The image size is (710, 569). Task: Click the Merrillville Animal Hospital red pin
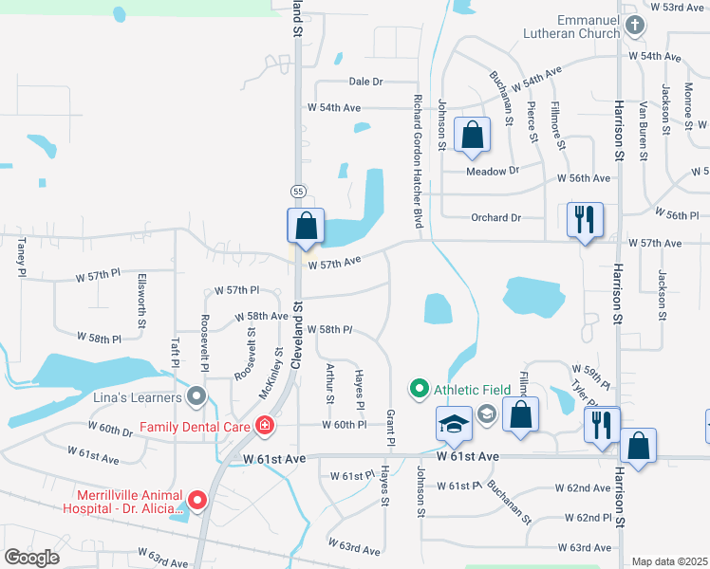[x=197, y=499]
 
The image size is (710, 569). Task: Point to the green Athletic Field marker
[x=419, y=389]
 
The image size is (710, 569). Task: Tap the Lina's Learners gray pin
[x=196, y=395]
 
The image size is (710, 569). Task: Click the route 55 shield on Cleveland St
[x=298, y=192]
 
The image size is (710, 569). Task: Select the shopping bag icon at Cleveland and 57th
[x=306, y=227]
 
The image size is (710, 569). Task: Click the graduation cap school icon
[x=455, y=423]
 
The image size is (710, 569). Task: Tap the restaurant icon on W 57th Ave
[x=585, y=220]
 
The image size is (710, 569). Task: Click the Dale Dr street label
[x=364, y=83]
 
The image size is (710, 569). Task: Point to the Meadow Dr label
[x=494, y=171]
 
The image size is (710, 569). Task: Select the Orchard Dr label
[x=496, y=217]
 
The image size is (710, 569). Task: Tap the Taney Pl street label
[x=21, y=257]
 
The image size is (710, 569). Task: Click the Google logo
[x=32, y=558]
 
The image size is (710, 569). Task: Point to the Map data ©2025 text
[x=668, y=561]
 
